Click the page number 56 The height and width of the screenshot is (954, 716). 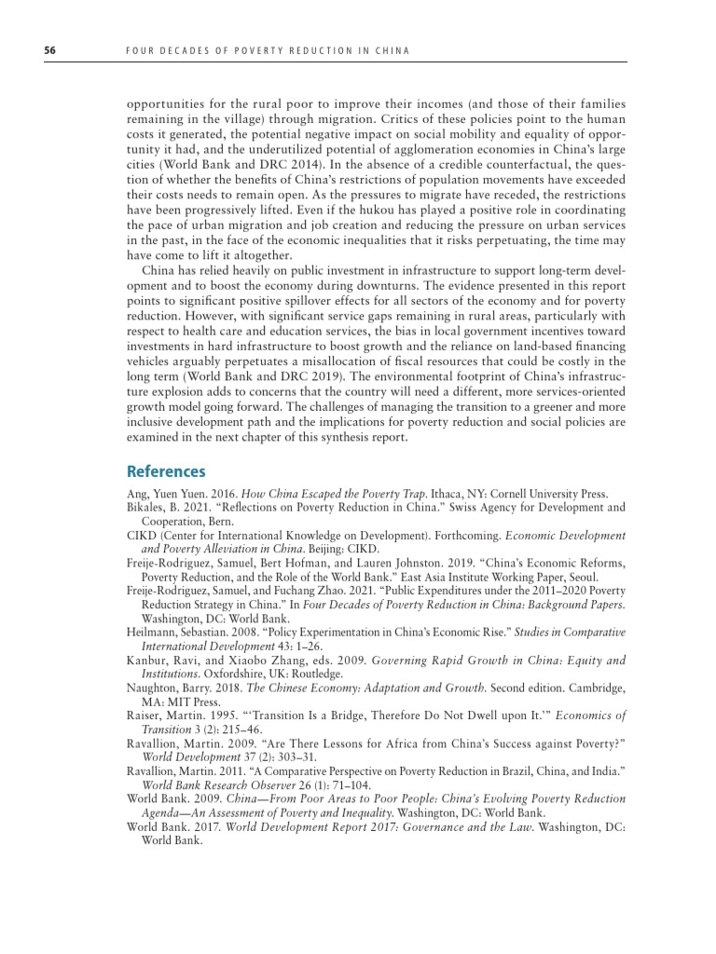(50, 49)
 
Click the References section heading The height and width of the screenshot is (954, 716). (166, 472)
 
